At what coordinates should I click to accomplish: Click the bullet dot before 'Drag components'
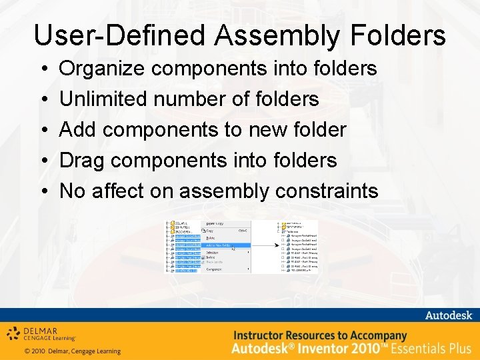pos(42,161)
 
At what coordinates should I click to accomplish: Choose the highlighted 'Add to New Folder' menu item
pos(227,245)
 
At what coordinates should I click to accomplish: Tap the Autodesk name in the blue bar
pos(448,315)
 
